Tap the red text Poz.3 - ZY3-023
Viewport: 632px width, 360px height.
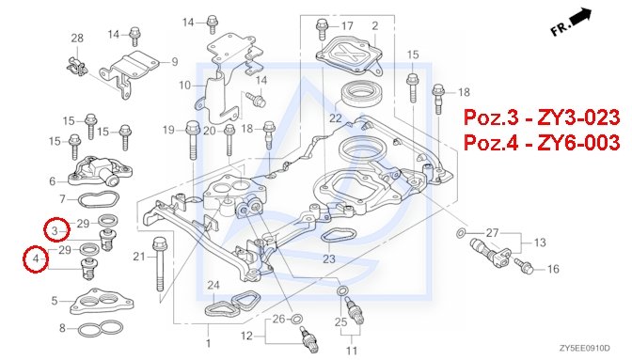click(x=542, y=117)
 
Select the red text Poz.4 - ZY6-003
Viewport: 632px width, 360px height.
click(x=542, y=143)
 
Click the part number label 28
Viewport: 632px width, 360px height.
click(x=77, y=39)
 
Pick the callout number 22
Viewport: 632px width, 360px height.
click(x=336, y=118)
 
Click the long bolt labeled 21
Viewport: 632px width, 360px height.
click(x=159, y=264)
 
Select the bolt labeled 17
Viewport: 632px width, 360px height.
click(x=322, y=28)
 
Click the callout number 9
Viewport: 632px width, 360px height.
click(x=175, y=62)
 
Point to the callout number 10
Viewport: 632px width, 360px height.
click(x=184, y=86)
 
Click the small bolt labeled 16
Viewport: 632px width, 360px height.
click(x=524, y=266)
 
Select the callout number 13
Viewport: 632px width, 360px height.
click(x=540, y=243)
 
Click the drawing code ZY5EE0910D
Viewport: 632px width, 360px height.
click(x=584, y=348)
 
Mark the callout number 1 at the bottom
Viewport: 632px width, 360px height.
click(x=208, y=343)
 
